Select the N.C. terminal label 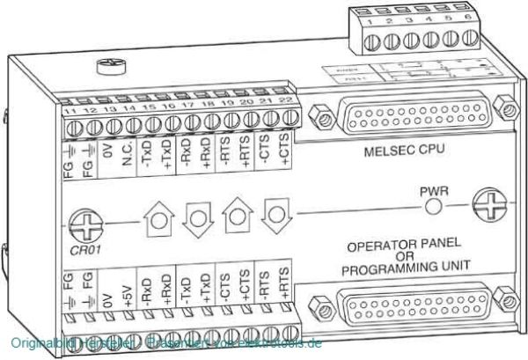(x=125, y=155)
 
